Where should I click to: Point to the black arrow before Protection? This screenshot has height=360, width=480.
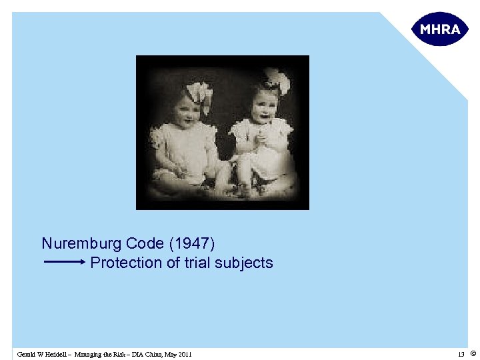point(65,263)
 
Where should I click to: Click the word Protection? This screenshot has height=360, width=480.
point(126,263)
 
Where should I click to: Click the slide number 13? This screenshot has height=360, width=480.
point(461,354)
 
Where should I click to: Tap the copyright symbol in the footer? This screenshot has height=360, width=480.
point(473,353)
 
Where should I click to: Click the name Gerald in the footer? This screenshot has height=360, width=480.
point(27,354)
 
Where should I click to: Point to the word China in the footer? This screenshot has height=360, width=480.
point(152,354)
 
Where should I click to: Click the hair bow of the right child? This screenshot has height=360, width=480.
point(277,80)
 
